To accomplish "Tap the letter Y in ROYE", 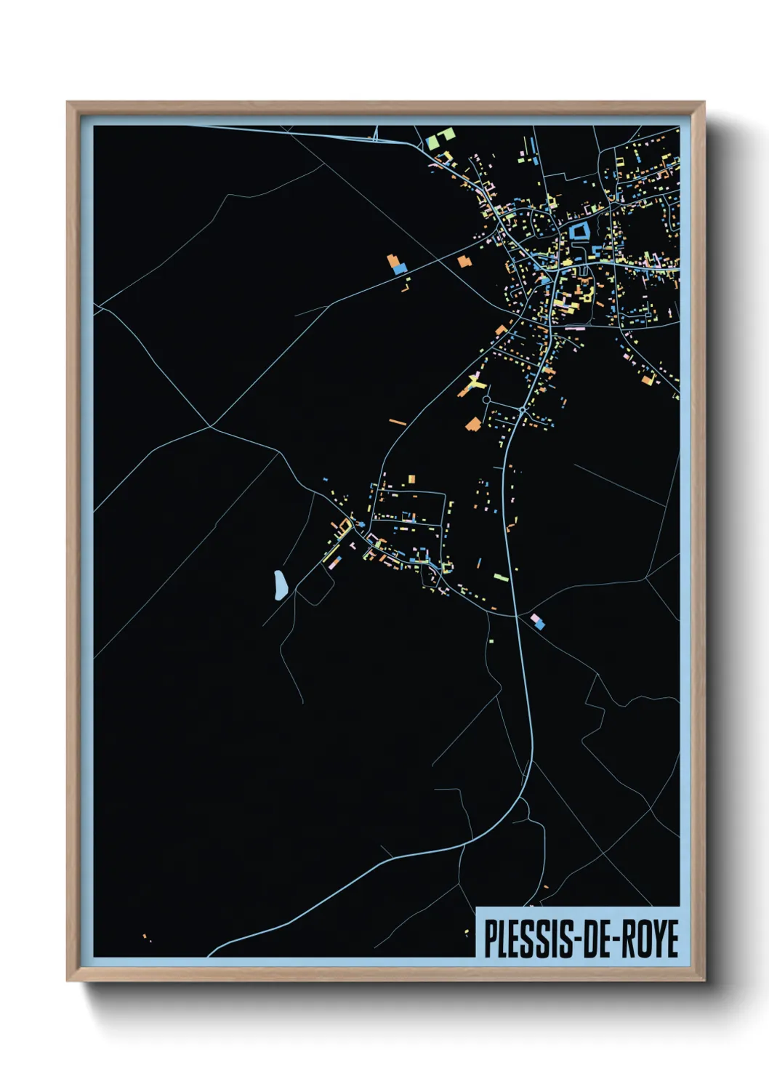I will coord(656,939).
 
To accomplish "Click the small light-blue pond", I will coord(279,585).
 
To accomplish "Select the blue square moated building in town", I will coord(579,232).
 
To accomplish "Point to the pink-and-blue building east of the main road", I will coord(538,622).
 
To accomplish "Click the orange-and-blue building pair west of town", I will coord(396,264).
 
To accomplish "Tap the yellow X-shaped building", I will coord(475,381).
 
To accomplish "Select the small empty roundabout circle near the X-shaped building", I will coord(486,400).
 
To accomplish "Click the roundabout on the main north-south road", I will coord(522,411).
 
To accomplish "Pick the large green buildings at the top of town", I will coord(440,137).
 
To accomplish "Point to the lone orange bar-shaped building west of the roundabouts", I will coord(398,422).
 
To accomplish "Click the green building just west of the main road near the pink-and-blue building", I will coord(501,578).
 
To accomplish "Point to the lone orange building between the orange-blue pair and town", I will coord(464,262).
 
